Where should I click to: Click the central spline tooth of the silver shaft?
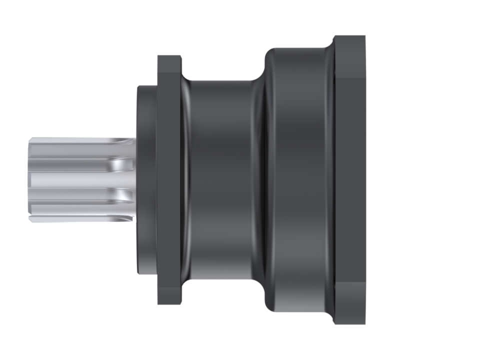click(75, 178)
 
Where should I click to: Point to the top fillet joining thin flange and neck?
click(186, 80)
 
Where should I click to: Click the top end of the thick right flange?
click(349, 42)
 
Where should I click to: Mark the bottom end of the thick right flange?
click(349, 318)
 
